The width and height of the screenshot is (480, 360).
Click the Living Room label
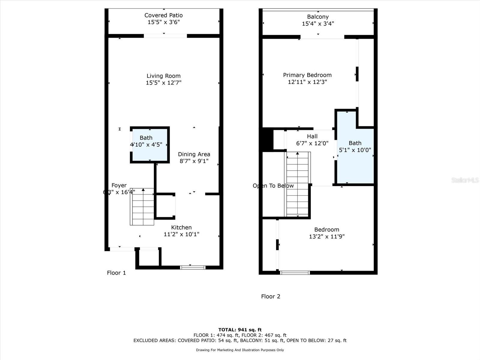(163, 76)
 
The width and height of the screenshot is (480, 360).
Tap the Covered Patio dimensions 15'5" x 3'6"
(163, 22)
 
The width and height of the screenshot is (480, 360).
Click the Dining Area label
(194, 154)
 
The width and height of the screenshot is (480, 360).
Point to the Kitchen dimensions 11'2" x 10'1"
(181, 234)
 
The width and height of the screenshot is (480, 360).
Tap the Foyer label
(119, 185)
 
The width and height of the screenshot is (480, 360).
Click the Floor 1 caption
(116, 273)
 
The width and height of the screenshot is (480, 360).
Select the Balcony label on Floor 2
(318, 17)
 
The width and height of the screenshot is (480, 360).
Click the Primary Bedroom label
(307, 75)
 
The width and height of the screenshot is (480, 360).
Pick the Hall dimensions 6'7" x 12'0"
(312, 143)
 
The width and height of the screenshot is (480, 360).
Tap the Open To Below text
(273, 186)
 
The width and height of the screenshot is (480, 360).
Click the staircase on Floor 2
(298, 184)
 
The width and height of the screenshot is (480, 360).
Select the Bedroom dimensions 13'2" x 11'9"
(327, 236)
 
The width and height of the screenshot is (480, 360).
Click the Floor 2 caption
(271, 296)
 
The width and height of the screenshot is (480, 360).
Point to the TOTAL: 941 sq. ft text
(240, 330)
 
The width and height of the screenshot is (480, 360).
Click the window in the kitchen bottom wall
(193, 267)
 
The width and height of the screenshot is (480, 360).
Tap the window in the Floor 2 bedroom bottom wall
(295, 273)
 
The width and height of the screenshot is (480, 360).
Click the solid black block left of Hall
(266, 139)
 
